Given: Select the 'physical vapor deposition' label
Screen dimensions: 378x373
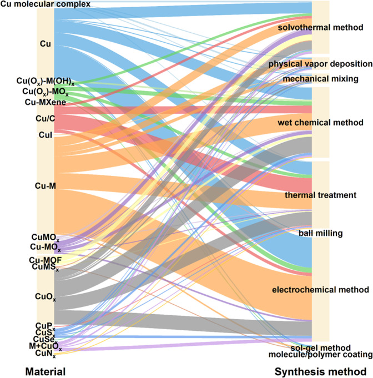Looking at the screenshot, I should coord(320,64).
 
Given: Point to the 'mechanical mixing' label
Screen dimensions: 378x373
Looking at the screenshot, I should coord(320,79).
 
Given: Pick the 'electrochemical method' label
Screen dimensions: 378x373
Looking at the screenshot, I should coord(320,290).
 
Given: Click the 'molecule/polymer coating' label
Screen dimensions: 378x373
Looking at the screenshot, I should coord(320,355).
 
